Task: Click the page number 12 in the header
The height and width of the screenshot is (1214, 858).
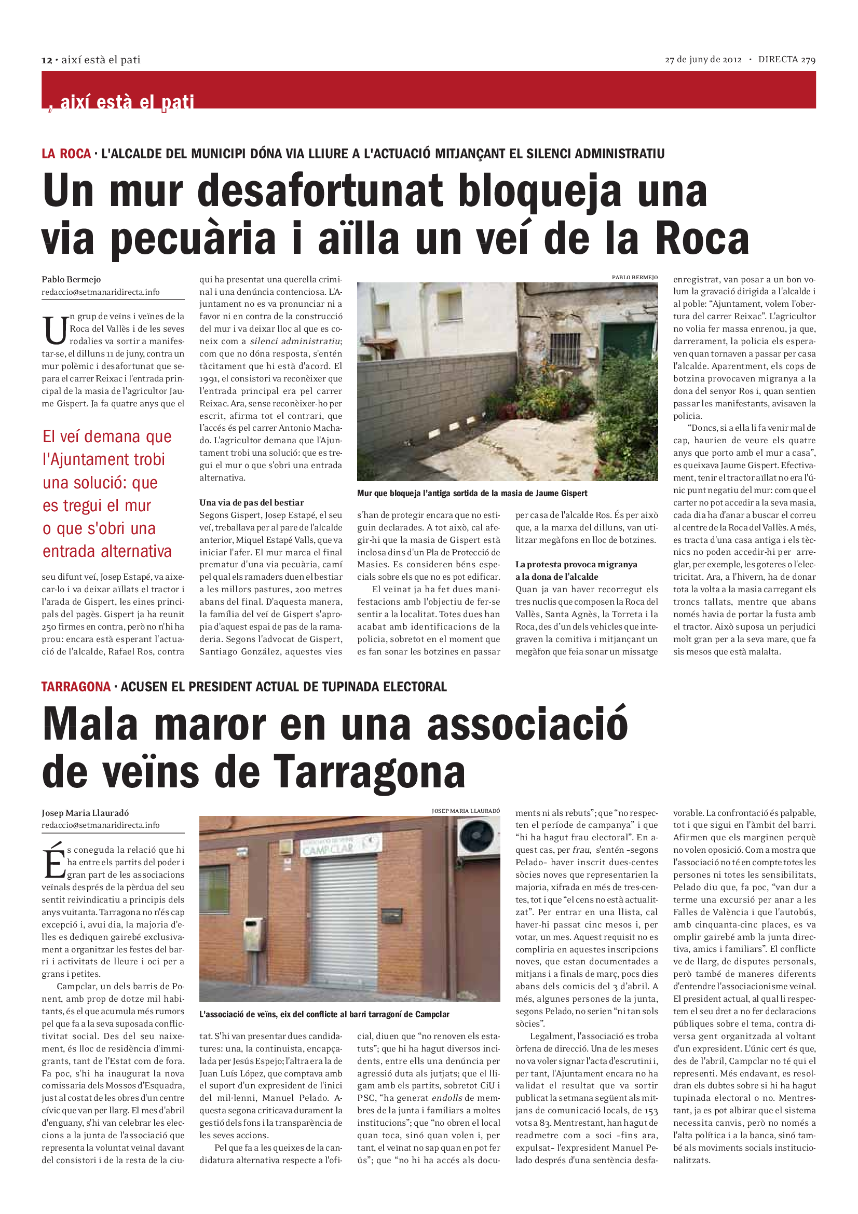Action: point(47,60)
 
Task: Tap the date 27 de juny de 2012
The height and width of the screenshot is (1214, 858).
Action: point(703,60)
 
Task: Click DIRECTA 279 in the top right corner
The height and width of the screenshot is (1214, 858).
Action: point(787,60)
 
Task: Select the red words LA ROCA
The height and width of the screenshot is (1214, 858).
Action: point(66,154)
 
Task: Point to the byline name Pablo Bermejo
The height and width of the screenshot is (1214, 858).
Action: point(71,279)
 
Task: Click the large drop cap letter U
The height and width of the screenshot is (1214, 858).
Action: point(55,330)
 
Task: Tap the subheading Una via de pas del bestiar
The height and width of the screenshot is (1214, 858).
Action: point(252,502)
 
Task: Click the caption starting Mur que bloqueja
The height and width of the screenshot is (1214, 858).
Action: point(472,493)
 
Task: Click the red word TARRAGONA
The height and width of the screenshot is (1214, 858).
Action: point(76,687)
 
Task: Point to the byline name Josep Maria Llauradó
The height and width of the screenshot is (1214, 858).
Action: point(85,813)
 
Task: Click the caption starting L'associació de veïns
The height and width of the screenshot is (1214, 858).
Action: point(324,1014)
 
